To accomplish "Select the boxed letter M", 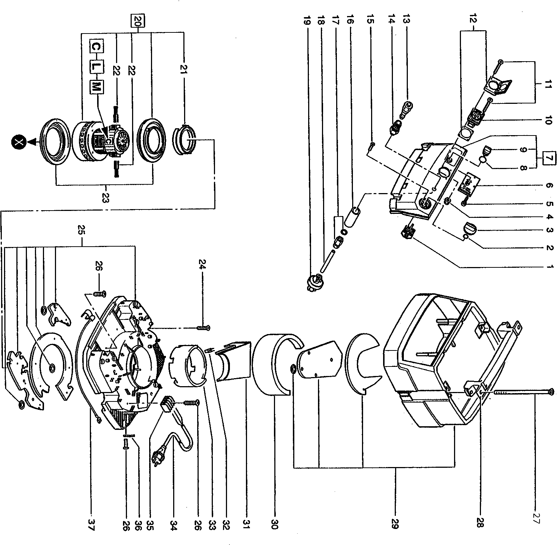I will (x=95, y=86).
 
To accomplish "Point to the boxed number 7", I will (x=549, y=159).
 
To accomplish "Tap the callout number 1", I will (x=549, y=267).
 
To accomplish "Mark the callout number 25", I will (x=81, y=231).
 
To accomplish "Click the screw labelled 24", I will (x=204, y=328).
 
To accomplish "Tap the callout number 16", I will (x=350, y=20).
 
